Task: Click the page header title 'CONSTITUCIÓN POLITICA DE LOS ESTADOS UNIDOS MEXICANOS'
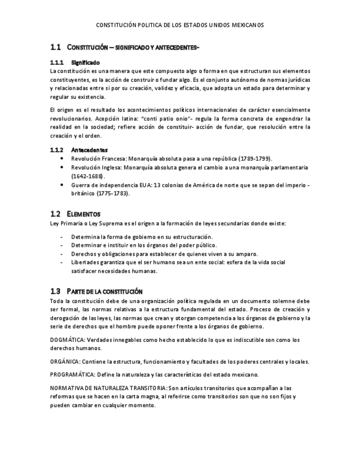[180, 25]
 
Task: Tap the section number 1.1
[54, 47]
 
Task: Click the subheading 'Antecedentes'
[89, 149]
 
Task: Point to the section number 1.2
[54, 214]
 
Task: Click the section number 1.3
[54, 291]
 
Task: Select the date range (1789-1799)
[252, 158]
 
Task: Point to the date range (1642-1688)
[88, 176]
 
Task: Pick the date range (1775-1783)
[113, 193]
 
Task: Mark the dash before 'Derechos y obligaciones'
[62, 254]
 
